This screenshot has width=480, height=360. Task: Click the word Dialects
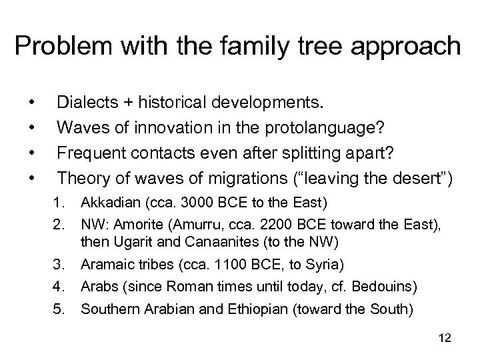click(85, 103)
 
